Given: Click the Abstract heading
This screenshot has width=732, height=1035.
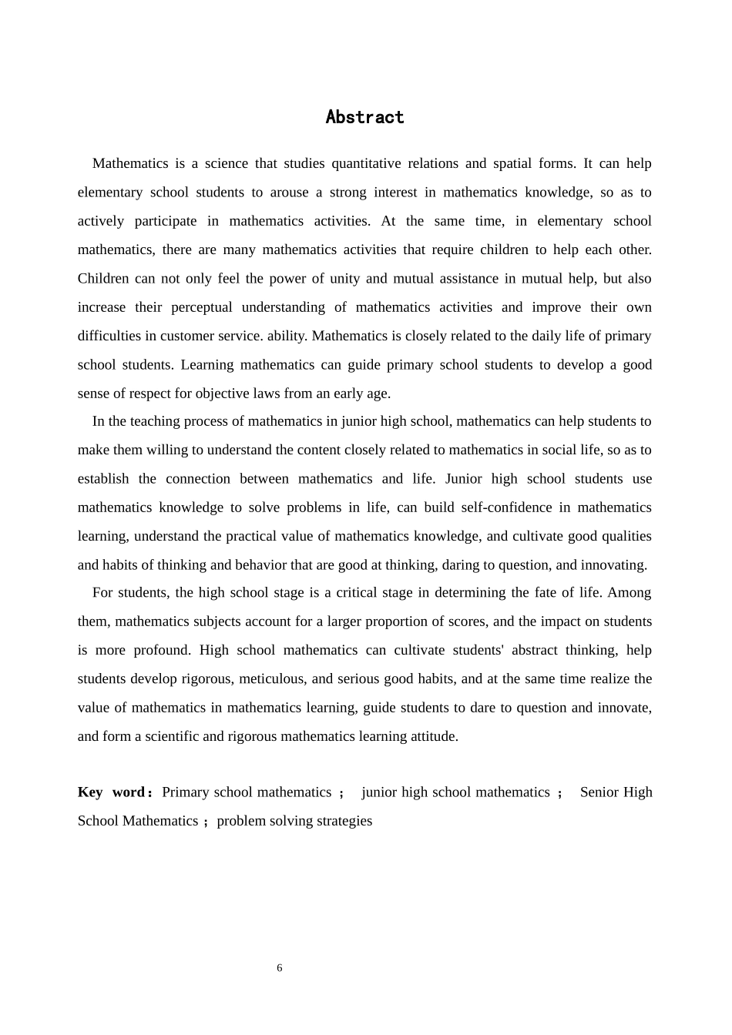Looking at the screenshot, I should click(364, 117).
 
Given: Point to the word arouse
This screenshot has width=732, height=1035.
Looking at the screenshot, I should click(289, 193).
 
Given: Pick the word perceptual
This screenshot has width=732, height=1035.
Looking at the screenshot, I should click(201, 307).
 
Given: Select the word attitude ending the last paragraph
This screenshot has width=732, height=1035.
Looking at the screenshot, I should click(435, 736).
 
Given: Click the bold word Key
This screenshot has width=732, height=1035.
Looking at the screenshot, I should click(89, 792).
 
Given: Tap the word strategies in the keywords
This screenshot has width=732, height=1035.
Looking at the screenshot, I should click(344, 821).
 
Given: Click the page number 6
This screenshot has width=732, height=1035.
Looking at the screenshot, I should click(280, 968).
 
